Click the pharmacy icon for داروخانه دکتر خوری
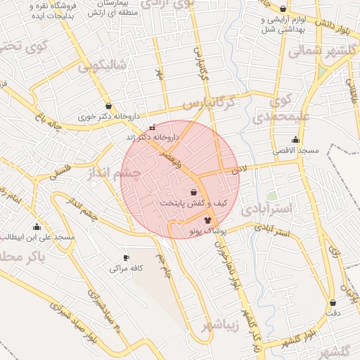point(108,106)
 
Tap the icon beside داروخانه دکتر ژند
point(153,127)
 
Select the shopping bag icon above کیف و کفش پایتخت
point(193,192)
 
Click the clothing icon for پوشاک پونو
point(207,220)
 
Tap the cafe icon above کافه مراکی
point(126,257)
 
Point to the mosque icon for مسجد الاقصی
point(295,139)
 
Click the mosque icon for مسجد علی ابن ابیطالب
point(37,226)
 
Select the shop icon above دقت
point(333,302)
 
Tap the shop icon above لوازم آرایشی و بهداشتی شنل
point(283,9)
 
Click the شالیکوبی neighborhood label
point(102,65)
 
